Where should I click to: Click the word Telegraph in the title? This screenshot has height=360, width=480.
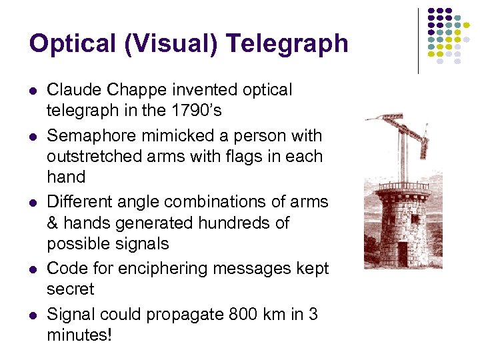(287, 44)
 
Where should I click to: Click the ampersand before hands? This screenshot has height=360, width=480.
(53, 223)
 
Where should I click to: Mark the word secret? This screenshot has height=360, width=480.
(71, 289)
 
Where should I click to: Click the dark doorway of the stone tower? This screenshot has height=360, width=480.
(402, 253)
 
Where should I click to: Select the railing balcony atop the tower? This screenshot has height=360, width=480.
(404, 186)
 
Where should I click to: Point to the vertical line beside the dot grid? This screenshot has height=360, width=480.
(418, 40)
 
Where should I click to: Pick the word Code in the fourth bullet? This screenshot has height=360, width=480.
(65, 269)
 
